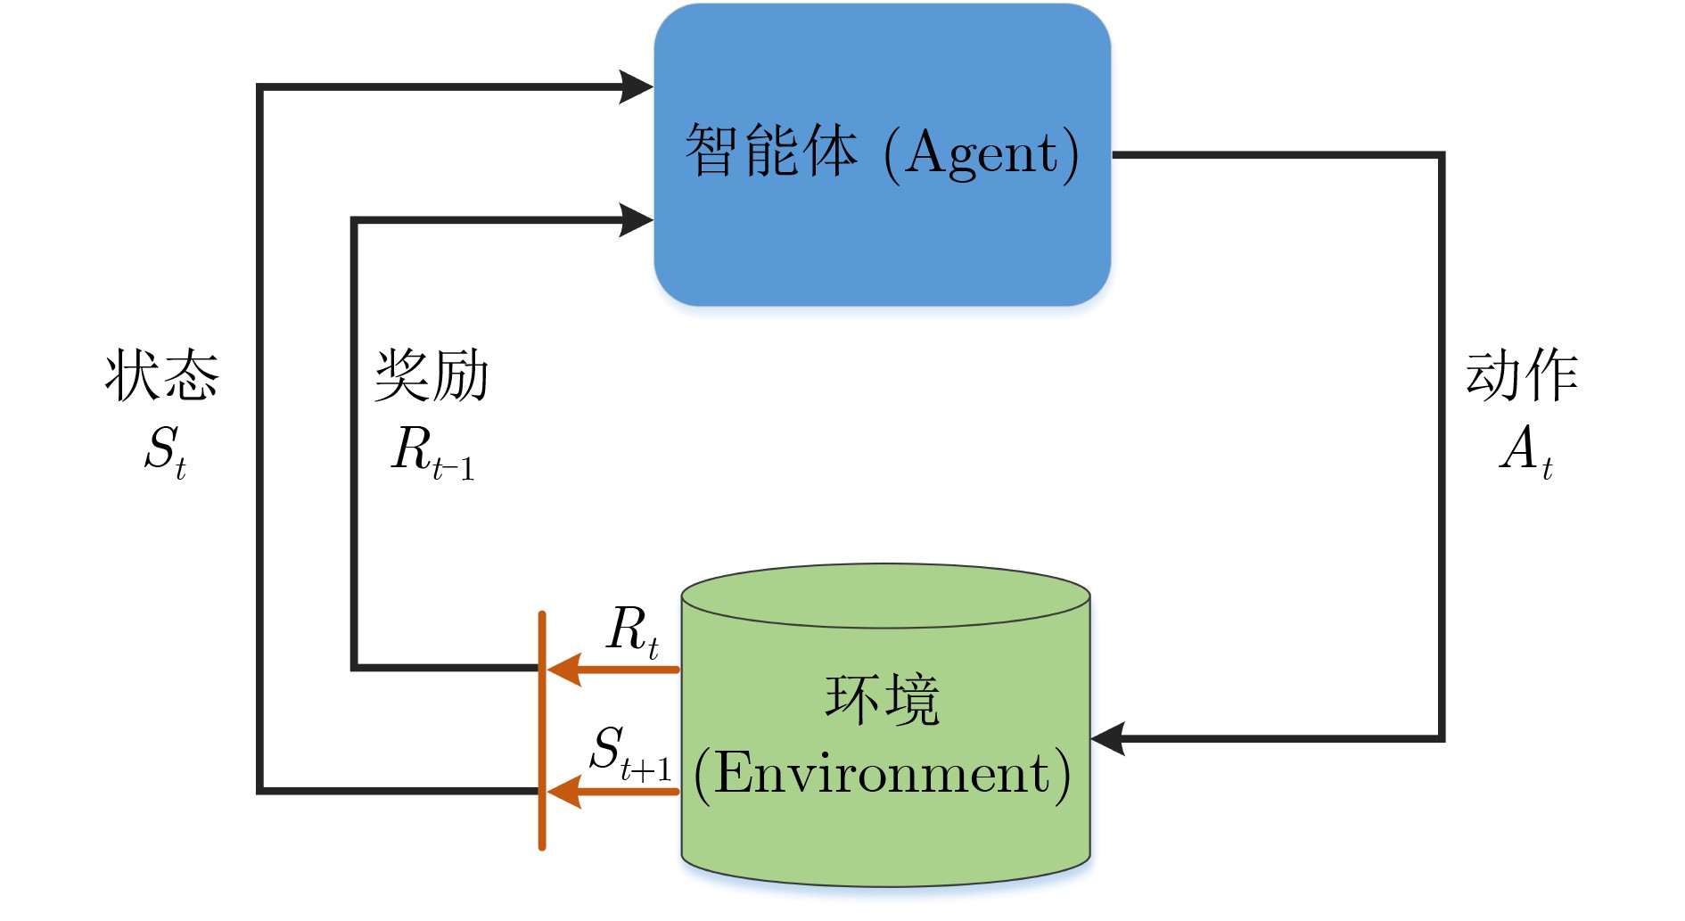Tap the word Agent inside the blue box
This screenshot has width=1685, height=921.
tap(981, 153)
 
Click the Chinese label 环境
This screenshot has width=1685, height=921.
tap(883, 700)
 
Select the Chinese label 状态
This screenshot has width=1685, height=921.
tap(161, 375)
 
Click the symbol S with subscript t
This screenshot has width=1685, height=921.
tap(166, 450)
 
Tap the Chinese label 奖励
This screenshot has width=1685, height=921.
tap(432, 375)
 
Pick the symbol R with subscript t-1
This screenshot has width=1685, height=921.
tap(432, 452)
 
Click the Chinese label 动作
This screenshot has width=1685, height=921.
tap(1522, 375)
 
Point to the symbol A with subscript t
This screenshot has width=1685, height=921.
tap(1525, 450)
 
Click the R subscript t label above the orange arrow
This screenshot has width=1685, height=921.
tap(632, 631)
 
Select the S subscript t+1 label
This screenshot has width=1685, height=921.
tap(629, 752)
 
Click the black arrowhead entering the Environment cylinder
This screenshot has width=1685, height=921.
tap(1108, 738)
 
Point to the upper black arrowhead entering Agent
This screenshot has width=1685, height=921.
tap(636, 87)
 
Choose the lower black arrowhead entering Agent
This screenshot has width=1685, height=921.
tap(636, 220)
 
